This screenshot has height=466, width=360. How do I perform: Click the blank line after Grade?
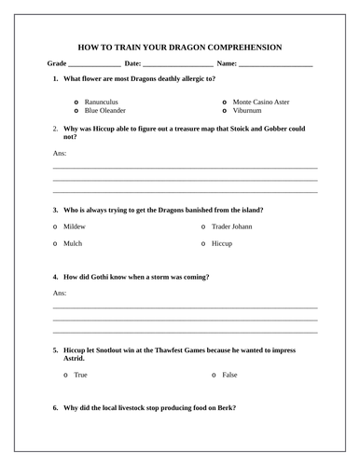[94, 65]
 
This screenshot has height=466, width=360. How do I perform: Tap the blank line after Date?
[178, 65]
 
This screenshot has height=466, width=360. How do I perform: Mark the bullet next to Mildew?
[56, 226]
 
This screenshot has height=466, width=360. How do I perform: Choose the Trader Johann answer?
[202, 226]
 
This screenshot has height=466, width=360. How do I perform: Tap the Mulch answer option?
[56, 243]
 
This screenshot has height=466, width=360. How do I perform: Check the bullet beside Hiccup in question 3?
[202, 243]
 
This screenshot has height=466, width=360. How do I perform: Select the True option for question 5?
[66, 375]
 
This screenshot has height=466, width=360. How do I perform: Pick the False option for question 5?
[215, 375]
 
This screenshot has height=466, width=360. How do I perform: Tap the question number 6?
[56, 408]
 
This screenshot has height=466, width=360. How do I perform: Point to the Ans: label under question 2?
[60, 152]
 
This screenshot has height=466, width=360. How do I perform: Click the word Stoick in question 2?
[250, 127]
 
